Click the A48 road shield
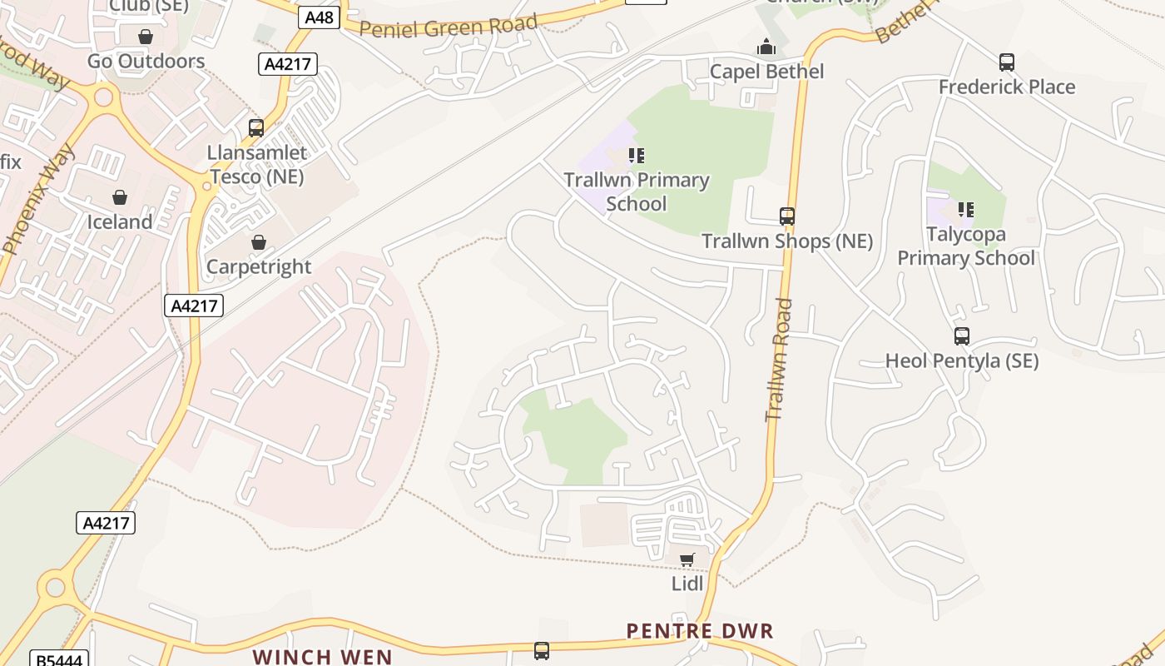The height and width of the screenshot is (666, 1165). point(319,17)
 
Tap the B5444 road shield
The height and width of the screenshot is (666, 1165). point(59,659)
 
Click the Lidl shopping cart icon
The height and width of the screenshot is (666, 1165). point(687,559)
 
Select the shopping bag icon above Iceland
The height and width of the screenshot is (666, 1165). point(120,197)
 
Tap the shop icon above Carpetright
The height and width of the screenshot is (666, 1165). point(259,242)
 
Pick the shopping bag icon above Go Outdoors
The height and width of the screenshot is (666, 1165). point(146,37)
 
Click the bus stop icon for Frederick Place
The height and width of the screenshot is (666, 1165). point(1007,62)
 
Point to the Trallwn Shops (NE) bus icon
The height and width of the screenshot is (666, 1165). point(787,216)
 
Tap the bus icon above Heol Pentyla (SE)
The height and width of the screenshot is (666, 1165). point(962,336)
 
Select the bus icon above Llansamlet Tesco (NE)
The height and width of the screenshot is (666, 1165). point(256,128)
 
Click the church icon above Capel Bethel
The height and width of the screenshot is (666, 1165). point(766,47)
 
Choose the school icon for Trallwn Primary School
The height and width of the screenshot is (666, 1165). point(637,156)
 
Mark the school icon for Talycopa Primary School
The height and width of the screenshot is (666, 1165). point(966,210)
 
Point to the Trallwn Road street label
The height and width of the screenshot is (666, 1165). point(780,360)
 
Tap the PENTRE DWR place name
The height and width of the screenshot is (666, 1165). point(700,631)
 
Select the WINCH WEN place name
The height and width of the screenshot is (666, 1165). point(322,656)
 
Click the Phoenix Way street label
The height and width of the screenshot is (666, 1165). point(39,200)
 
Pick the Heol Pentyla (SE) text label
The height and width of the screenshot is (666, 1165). point(962,361)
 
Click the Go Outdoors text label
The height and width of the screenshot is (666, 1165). point(146,61)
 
